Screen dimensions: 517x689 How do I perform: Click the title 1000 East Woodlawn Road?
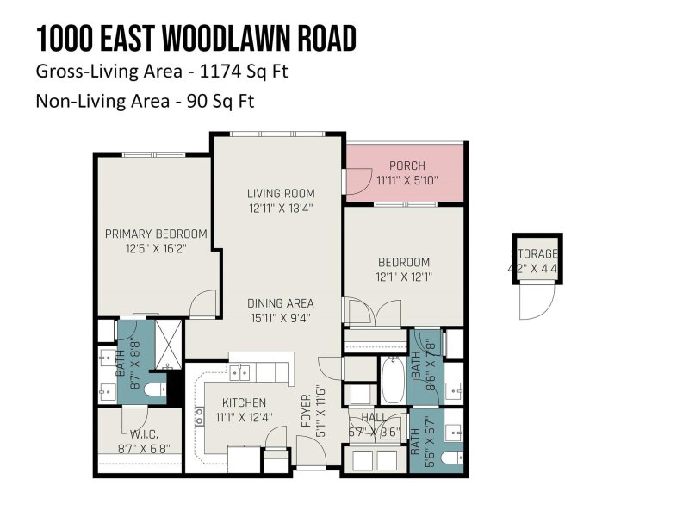196,39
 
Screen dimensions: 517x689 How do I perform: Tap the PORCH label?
407,165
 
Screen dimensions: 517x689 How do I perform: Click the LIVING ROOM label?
281,193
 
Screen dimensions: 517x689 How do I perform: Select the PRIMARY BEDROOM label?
156,234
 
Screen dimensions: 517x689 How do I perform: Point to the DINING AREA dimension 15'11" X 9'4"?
280,317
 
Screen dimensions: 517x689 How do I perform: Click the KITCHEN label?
245,402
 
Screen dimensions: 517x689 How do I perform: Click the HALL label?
375,417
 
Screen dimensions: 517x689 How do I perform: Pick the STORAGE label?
537,253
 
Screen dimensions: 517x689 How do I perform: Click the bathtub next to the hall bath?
393,380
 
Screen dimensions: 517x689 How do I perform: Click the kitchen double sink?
240,371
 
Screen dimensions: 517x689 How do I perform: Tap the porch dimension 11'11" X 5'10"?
407,181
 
